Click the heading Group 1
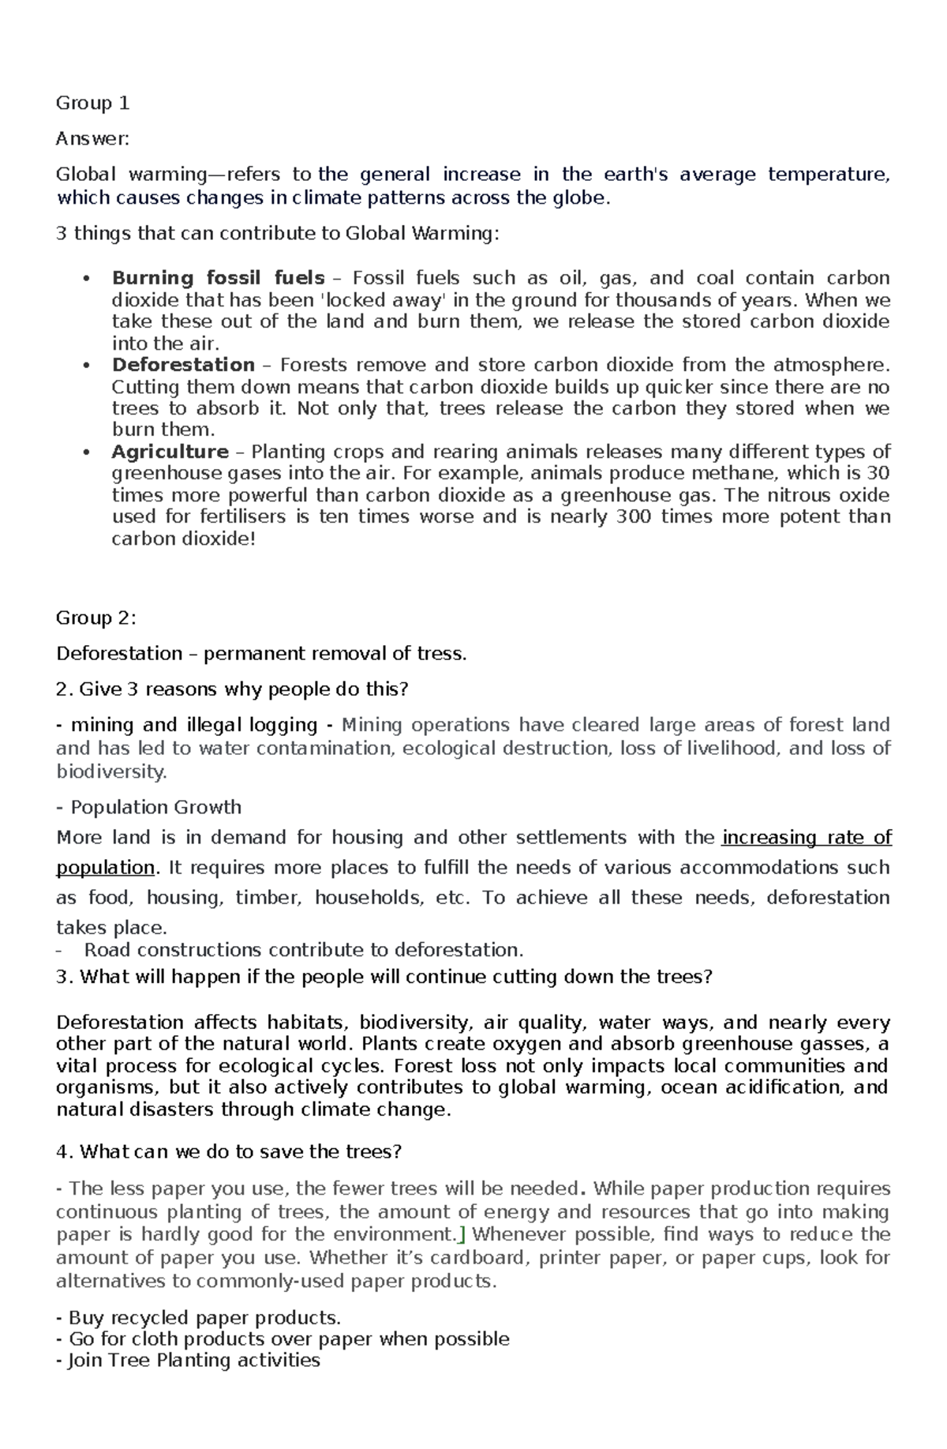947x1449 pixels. pos(92,103)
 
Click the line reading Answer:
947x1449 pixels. pos(92,139)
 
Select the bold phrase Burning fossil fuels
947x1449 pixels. pos(218,278)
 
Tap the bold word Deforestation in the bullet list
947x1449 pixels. pos(183,365)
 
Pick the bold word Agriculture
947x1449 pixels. pos(170,452)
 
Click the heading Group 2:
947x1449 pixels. pos(95,618)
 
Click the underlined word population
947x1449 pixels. pos(105,868)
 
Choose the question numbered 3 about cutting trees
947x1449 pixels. pos(384,978)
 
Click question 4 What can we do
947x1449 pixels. pos(229,1152)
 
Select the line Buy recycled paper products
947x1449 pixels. pos(199,1318)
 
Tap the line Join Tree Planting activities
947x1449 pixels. pos(189,1361)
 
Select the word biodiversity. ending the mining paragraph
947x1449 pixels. pos(111,771)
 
